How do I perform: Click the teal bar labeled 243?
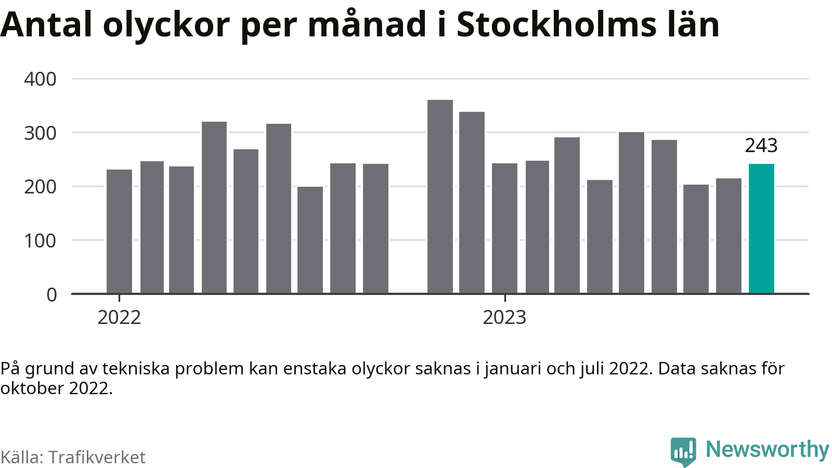(x=761, y=228)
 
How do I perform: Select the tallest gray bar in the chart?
(x=440, y=197)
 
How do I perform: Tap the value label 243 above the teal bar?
(x=761, y=146)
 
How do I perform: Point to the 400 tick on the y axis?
(x=40, y=79)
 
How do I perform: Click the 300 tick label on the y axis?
(x=40, y=133)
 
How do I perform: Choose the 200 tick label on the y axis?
(x=40, y=187)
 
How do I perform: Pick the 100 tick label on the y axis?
(x=40, y=241)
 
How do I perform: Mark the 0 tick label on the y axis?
(x=51, y=294)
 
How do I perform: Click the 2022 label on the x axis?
(x=119, y=318)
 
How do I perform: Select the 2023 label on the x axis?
(x=505, y=318)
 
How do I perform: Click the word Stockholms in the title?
(x=556, y=24)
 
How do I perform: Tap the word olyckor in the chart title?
(x=166, y=27)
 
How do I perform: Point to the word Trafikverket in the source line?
(x=97, y=457)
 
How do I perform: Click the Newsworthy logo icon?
(x=684, y=452)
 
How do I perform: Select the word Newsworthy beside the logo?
(x=768, y=450)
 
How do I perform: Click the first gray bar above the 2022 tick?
(x=119, y=231)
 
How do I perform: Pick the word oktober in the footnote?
(x=32, y=388)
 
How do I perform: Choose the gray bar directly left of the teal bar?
(x=729, y=236)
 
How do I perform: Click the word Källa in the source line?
(x=22, y=457)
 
